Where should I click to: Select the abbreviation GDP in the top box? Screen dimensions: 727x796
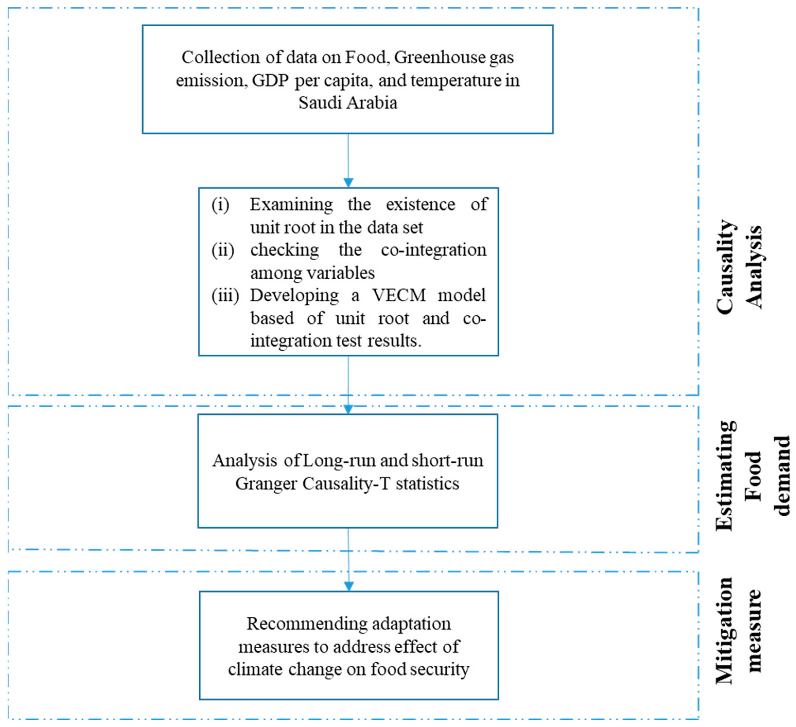click(x=270, y=81)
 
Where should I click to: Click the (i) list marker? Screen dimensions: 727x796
click(x=220, y=205)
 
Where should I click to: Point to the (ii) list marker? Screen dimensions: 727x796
click(x=223, y=250)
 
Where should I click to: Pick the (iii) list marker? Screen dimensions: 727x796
click(x=225, y=295)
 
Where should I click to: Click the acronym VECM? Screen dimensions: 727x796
click(x=399, y=295)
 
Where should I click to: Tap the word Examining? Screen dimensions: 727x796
click(x=291, y=205)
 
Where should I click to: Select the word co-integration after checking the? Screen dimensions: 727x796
click(x=434, y=250)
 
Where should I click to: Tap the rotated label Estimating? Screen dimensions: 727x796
click(x=725, y=476)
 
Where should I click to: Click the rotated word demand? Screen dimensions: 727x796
click(x=782, y=476)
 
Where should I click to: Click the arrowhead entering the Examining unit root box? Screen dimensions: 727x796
click(x=348, y=183)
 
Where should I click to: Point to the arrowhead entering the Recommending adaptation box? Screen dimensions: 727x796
click(x=349, y=586)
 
